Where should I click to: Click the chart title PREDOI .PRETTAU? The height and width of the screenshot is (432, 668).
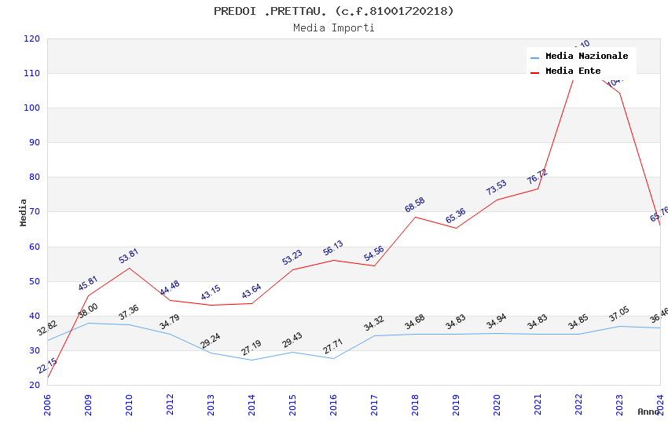[334, 11]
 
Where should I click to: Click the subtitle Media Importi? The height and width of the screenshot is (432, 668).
[334, 27]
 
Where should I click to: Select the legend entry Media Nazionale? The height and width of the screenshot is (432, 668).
[586, 56]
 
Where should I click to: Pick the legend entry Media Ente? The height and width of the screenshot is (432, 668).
[573, 71]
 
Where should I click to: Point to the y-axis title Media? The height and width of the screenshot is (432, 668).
[24, 212]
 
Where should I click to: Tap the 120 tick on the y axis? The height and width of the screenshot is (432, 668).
[32, 38]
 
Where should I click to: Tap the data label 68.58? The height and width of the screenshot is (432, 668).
[414, 205]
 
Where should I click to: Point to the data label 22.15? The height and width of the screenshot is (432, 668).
[46, 366]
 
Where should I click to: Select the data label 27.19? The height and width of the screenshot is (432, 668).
[251, 348]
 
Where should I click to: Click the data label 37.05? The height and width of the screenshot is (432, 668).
[619, 314]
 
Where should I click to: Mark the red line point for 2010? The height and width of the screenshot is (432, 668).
[129, 268]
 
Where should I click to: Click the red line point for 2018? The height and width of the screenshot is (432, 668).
[415, 217]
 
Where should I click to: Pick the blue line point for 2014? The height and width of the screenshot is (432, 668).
[251, 360]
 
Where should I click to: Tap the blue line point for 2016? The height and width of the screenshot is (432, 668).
[333, 358]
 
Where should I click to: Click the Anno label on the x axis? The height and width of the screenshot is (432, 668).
[648, 412]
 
